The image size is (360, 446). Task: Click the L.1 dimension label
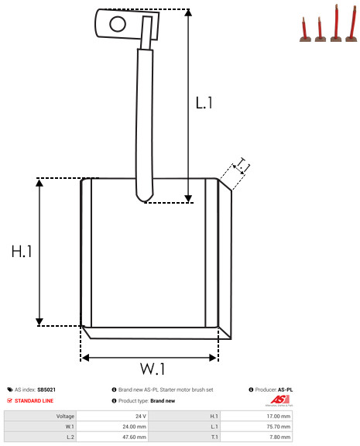[x=204, y=103]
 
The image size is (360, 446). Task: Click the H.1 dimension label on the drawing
[x=22, y=252]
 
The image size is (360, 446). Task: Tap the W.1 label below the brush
[x=153, y=369]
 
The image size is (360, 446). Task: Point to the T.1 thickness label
[x=242, y=165]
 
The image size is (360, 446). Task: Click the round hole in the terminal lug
[x=118, y=24]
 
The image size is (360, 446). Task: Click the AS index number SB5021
[x=46, y=389]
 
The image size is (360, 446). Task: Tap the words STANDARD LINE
[x=34, y=401]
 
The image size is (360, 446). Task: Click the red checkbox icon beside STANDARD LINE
[x=9, y=400]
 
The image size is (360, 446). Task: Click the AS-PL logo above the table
[x=279, y=400]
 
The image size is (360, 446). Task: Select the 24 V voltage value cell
[x=112, y=416]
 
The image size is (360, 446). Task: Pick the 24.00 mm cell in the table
[x=112, y=427]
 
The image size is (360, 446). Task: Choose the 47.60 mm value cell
[x=112, y=437]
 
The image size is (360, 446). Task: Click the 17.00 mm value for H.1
[x=256, y=416]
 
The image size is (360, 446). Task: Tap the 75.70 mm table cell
[x=256, y=427]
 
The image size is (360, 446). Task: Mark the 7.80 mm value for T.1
[x=256, y=437]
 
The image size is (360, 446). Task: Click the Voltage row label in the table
[x=65, y=417]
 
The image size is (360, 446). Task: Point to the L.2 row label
[x=70, y=437]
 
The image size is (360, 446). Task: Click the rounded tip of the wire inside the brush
[x=145, y=200]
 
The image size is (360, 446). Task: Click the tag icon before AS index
[x=10, y=389]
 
